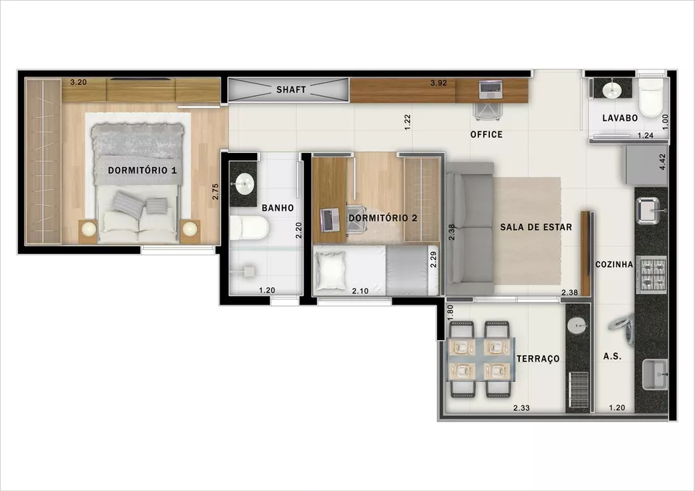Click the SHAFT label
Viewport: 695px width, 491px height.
(291, 90)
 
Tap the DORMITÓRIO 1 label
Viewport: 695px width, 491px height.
(142, 170)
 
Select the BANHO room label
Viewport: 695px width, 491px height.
(277, 207)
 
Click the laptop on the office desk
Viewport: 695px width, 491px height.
(491, 89)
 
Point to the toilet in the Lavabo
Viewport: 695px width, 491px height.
(651, 99)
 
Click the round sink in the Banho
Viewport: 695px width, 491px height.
(243, 184)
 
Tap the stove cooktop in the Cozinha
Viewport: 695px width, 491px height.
(651, 275)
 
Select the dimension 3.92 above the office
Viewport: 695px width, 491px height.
(438, 83)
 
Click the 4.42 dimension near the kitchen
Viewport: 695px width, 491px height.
(662, 162)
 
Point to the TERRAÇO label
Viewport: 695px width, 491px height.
(538, 358)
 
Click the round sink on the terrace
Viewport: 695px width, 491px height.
(577, 325)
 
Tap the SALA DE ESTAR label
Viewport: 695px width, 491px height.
(535, 227)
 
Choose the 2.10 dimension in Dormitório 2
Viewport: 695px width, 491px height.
(359, 290)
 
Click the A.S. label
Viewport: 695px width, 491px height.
(612, 355)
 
